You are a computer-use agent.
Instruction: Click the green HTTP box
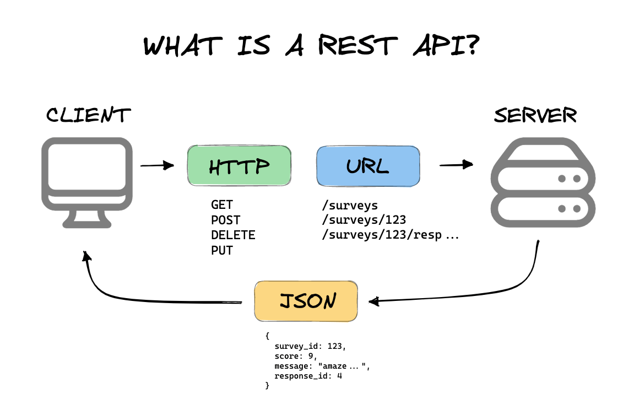pos(239,165)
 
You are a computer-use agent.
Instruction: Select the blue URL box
pos(367,165)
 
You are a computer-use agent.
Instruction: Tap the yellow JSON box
pos(306,301)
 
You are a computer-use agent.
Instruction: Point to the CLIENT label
pos(88,115)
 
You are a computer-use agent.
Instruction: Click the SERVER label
pos(535,115)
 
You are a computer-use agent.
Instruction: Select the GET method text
pos(222,205)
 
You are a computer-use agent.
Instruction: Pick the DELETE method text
pos(233,235)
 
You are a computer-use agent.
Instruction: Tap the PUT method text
pos(222,251)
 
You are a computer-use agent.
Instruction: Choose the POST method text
pos(226,220)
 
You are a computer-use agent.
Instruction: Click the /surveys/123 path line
pos(364,220)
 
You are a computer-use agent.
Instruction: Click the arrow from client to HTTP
pos(157,165)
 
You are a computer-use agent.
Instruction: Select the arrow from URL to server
pos(456,164)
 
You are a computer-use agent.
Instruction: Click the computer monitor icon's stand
pos(87,219)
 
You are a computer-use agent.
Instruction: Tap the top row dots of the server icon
pos(569,179)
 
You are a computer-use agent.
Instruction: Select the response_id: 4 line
pos(312,376)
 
